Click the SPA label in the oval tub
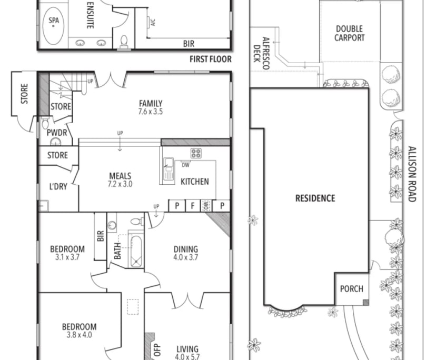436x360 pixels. coord(54,22)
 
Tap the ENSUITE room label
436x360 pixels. coord(90,14)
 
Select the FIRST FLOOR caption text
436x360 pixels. coord(210,59)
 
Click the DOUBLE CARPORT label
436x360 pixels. coord(350,33)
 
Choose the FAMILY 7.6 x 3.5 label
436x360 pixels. coord(151,107)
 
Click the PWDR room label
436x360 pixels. coord(57,133)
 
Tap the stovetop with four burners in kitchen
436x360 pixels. coord(196,153)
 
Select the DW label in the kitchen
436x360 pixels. coord(185,165)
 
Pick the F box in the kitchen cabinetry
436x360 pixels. coord(193,205)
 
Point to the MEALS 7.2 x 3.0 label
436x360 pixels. coord(120,180)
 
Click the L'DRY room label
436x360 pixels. coord(58,186)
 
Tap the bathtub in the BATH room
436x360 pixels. coord(136,252)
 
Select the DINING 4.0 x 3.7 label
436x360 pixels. coord(185,253)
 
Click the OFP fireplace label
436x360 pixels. coord(156,349)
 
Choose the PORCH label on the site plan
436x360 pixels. coord(351,288)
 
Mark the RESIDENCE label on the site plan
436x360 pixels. coord(315,198)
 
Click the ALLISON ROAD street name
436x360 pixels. coord(412,174)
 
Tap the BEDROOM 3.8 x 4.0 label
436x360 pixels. coord(79,331)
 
